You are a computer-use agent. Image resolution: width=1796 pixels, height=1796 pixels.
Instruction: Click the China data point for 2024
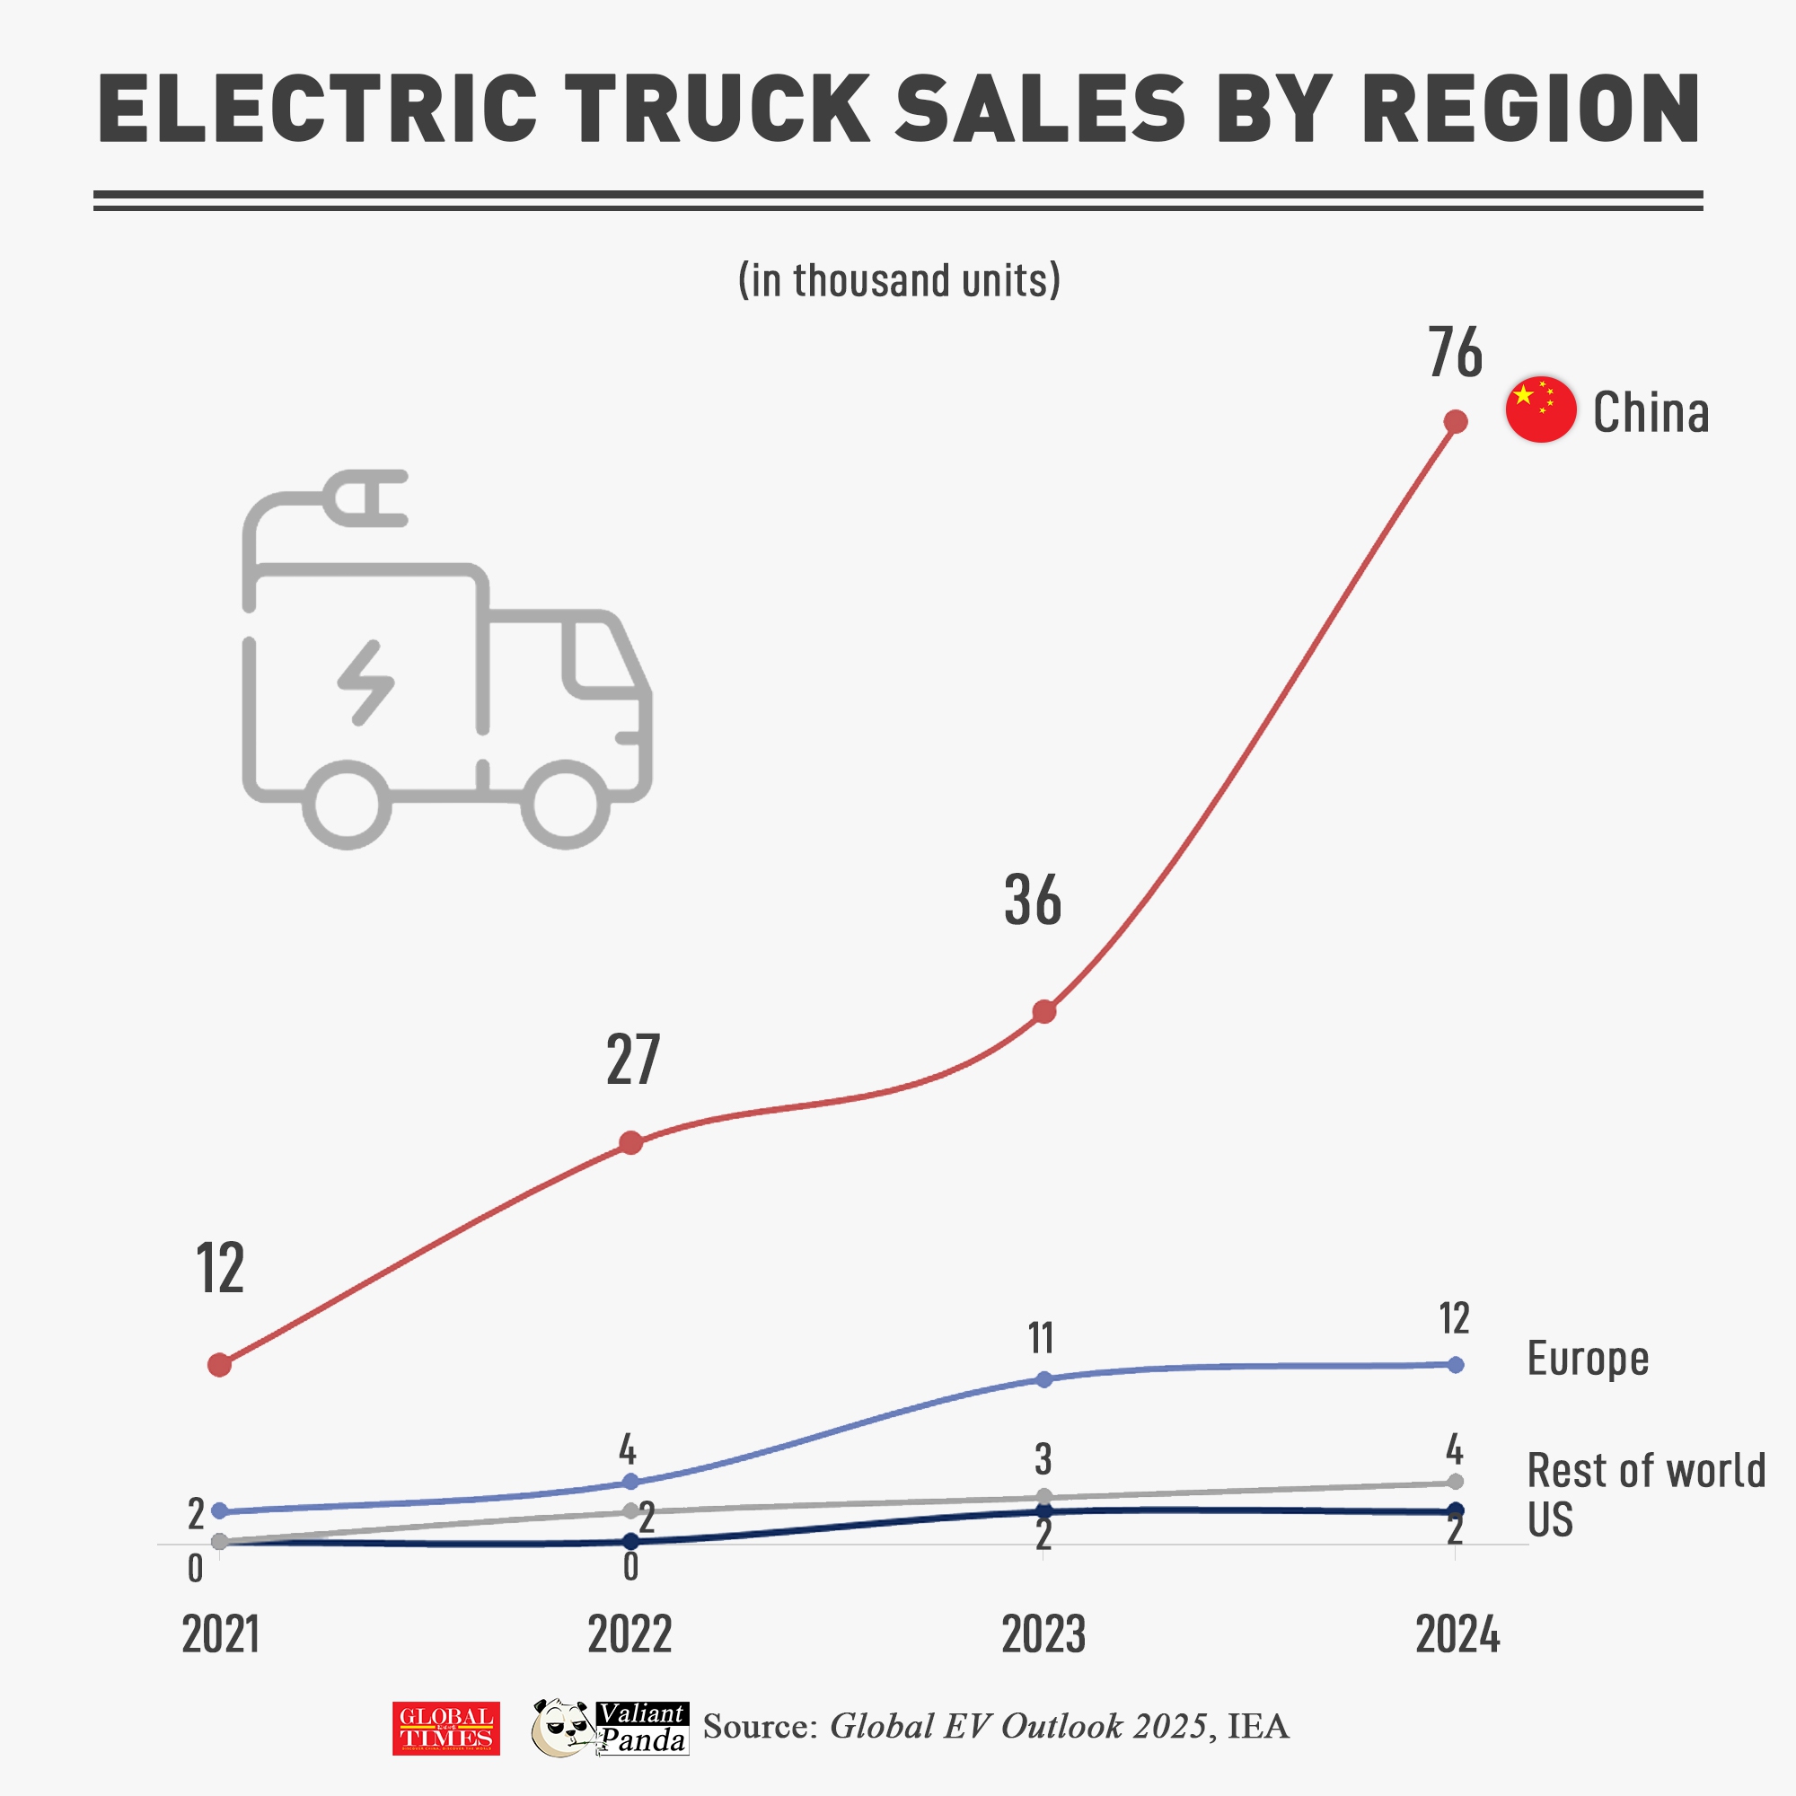click(x=1456, y=421)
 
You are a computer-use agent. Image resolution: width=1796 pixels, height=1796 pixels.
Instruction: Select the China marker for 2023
click(x=1044, y=1011)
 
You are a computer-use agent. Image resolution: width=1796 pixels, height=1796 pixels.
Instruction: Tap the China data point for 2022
click(x=630, y=1142)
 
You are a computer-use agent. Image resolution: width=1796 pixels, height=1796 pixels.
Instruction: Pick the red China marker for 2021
click(x=219, y=1365)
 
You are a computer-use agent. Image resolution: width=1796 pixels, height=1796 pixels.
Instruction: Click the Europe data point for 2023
click(x=1044, y=1378)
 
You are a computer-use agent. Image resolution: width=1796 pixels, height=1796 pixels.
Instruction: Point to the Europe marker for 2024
click(x=1456, y=1365)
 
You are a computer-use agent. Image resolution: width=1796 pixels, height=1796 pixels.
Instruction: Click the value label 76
click(x=1455, y=353)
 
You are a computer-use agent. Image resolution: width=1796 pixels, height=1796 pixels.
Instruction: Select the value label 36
click(x=1032, y=900)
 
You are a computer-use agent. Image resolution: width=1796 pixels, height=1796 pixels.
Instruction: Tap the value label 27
click(x=632, y=1060)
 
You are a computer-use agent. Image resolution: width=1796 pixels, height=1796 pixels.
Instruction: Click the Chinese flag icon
click(x=1540, y=410)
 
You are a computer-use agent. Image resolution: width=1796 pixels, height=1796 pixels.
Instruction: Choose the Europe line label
click(x=1588, y=1359)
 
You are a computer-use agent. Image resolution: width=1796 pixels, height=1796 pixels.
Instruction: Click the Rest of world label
click(x=1646, y=1471)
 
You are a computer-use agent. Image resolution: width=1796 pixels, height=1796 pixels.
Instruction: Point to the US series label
click(x=1550, y=1519)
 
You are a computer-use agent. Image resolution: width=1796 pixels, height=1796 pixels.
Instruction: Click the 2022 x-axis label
click(x=629, y=1634)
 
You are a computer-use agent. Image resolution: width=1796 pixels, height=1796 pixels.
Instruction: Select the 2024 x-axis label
click(x=1457, y=1634)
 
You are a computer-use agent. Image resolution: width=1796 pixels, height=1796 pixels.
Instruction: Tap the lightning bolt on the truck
click(x=365, y=682)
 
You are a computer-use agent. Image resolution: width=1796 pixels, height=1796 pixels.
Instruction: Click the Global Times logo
click(x=446, y=1728)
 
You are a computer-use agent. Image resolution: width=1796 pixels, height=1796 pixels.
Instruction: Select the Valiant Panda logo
click(x=610, y=1728)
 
